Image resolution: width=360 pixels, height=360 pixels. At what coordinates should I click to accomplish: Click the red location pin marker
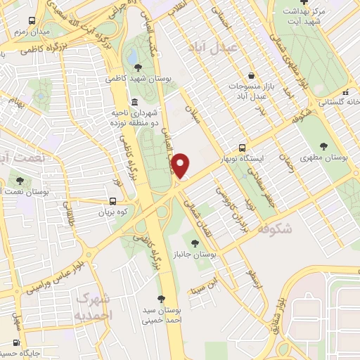coord(181,165)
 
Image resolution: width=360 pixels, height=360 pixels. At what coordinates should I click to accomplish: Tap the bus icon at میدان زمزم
coord(30,22)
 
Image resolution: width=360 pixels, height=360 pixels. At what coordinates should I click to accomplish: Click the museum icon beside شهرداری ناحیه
coord(134,103)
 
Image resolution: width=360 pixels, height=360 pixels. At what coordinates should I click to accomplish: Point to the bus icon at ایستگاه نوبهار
coord(242,148)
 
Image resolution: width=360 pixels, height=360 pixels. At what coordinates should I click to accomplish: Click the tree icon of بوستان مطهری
coord(323,146)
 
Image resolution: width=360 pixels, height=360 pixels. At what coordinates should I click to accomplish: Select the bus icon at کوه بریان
coord(103,200)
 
